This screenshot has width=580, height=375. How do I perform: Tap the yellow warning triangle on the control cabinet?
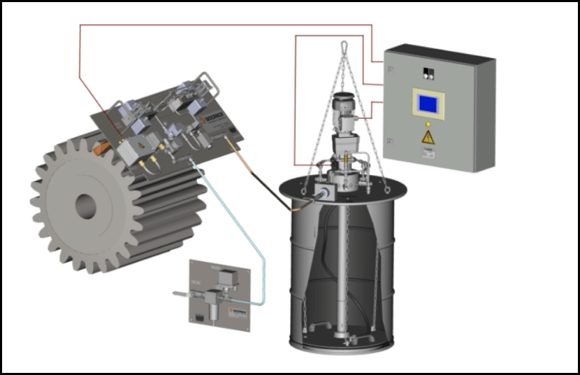point(428,137)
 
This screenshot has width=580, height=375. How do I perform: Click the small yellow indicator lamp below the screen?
point(428,124)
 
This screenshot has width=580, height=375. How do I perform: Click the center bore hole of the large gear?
point(85,204)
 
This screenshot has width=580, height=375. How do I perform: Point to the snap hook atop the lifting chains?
point(344,48)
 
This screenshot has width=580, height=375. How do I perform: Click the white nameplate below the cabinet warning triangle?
point(428,153)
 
